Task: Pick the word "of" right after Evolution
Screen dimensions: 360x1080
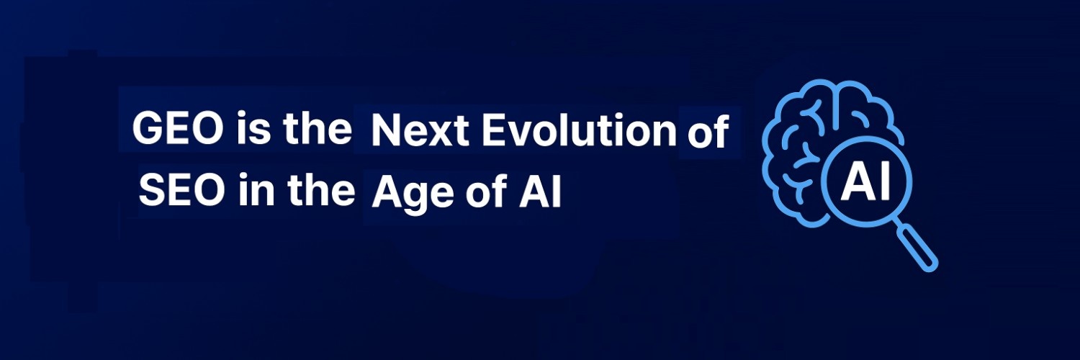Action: coord(708,134)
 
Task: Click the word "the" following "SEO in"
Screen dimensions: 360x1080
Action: coord(320,191)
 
